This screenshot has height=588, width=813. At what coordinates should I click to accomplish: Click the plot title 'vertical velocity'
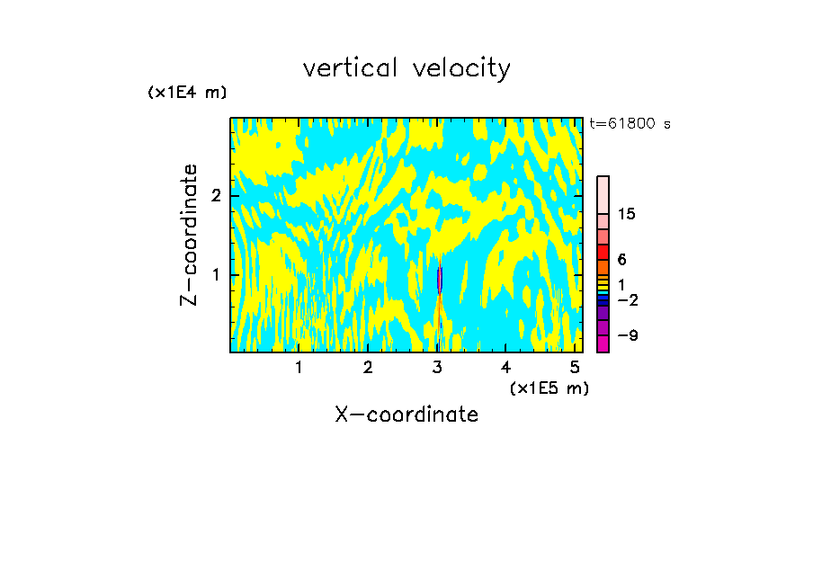[x=406, y=68]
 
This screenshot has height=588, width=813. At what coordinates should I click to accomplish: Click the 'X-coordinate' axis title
[x=406, y=414]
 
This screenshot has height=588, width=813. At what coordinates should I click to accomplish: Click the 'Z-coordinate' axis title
[x=189, y=235]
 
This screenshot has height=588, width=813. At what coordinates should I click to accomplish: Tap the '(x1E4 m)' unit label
[x=187, y=93]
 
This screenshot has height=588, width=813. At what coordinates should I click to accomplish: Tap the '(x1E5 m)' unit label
[x=549, y=388]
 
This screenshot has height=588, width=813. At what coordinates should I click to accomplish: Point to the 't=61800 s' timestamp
[x=630, y=124]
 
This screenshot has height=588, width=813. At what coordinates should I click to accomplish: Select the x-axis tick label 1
[x=299, y=368]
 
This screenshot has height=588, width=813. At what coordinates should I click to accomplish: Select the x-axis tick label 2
[x=368, y=368]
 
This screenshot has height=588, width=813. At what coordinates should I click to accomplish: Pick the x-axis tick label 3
[x=437, y=368]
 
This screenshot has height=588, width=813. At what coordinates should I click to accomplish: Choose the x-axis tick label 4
[x=506, y=368]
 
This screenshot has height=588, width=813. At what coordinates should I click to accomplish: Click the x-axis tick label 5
[x=576, y=368]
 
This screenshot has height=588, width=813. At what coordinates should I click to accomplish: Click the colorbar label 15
[x=627, y=214]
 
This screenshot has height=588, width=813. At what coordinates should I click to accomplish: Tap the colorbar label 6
[x=621, y=260]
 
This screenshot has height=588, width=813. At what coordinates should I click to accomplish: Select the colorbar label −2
[x=627, y=299]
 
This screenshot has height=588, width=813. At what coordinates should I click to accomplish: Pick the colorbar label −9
[x=627, y=335]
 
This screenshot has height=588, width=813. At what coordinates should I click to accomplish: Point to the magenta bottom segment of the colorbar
[x=603, y=343]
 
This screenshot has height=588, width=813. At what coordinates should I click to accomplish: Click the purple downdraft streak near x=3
[x=440, y=281]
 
